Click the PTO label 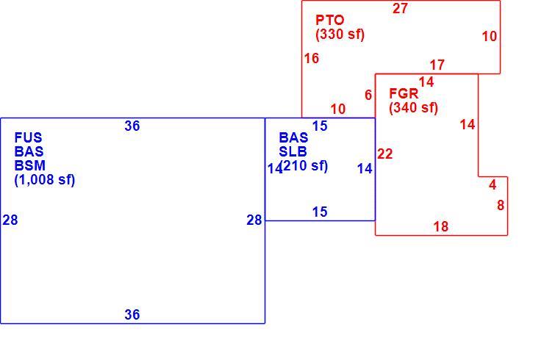pos(329,20)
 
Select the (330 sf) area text pos(340,34)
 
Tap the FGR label pos(404,93)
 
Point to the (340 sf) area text pos(413,107)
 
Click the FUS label pos(28,137)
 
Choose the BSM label pos(30,165)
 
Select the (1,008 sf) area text pos(45,180)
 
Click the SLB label pos(293,151)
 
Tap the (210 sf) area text pos(304,165)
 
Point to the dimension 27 pos(400,8)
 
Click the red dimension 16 pos(312,58)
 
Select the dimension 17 pos(437,65)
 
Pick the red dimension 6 pos(368,95)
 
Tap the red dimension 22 pos(385,154)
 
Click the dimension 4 pos(493,185)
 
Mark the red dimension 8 pos(501,205)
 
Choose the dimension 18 pos(441,227)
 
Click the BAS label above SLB pos(293,137)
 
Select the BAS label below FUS pos(29,151)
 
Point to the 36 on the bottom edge pos(132,315)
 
